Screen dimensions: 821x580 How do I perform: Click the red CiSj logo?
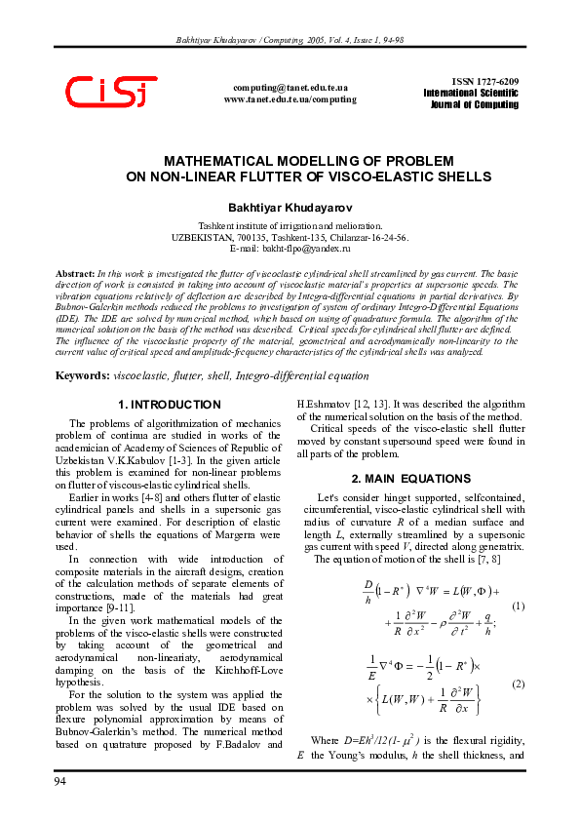click(x=111, y=93)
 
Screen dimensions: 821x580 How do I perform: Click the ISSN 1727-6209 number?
click(x=485, y=81)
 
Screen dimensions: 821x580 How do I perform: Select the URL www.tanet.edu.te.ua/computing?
click(x=290, y=99)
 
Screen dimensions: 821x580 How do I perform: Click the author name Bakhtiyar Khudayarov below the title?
click(x=290, y=208)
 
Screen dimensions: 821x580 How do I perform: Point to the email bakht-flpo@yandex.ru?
click(x=290, y=250)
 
